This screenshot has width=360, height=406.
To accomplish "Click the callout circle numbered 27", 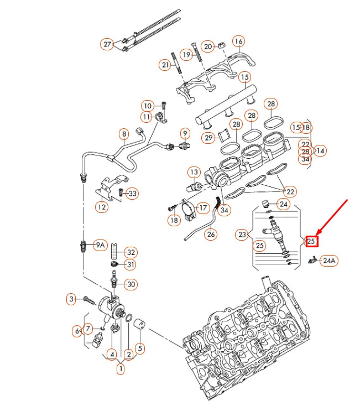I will pos(107,44).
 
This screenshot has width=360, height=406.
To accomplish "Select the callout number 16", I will pos(238,41).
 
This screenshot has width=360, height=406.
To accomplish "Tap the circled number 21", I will pos(165,65).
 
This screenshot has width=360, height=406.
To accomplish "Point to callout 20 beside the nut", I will pos(207,46).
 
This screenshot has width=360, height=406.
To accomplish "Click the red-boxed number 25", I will pos(311,241).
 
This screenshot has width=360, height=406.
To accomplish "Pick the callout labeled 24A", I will pos(330,260).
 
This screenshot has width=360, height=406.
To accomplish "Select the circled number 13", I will pos(194,172).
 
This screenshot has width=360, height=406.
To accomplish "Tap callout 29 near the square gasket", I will pos(208,138).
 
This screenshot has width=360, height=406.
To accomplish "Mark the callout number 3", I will pos(71,299).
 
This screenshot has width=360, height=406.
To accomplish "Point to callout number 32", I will pos(130,252).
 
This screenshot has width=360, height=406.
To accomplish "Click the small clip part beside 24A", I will pos(312,259).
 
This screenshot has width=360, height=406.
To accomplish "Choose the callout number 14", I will pos(321,150).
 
